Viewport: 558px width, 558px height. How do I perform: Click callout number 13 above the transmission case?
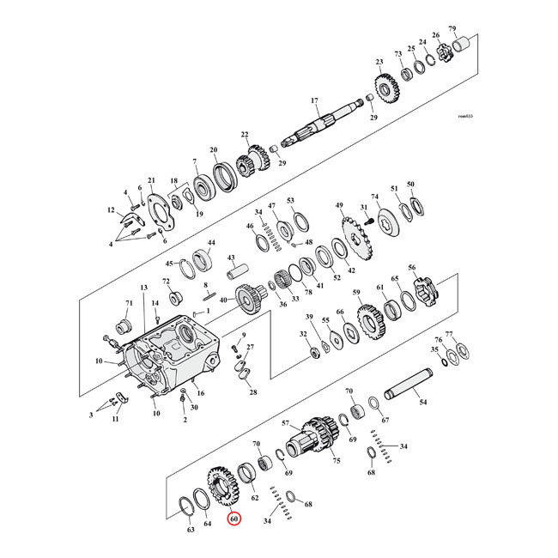click(144, 288)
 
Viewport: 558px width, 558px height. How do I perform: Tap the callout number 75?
click(337, 461)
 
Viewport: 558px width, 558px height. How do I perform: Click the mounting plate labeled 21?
click(156, 208)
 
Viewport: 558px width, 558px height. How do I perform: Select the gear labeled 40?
click(249, 301)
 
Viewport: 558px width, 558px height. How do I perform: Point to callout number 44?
click(210, 243)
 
